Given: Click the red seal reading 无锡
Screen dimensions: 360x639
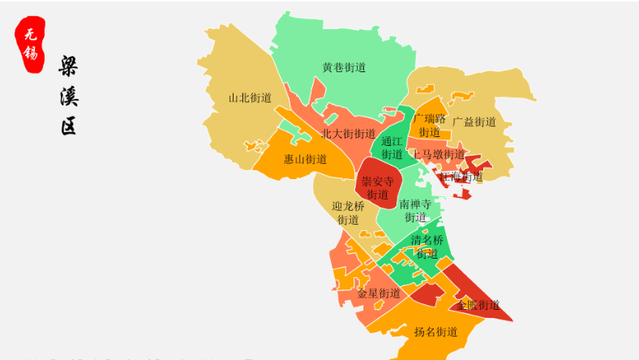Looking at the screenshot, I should pos(30,45).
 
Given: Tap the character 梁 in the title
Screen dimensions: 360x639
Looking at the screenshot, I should pos(69,66).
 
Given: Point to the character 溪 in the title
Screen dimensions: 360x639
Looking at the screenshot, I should pos(69,96).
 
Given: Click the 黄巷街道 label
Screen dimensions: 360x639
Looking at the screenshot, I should pos(344,67).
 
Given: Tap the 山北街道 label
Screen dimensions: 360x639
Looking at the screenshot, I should pos(249,97).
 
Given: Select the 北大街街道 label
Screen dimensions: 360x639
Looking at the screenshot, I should pos(348,134).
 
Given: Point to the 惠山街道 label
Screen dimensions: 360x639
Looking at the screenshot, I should pos(305,159).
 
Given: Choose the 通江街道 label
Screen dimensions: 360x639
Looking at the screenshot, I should pos(392,148).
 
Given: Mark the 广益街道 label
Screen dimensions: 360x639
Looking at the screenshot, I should pos(474,122).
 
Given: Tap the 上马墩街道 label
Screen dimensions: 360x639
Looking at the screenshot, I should pos(438,154).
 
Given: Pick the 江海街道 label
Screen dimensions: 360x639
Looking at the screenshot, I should pos(461,176).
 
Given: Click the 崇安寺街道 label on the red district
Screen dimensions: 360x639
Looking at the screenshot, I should pos(377,187).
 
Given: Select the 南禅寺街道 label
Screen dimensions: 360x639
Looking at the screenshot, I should pos(415,211).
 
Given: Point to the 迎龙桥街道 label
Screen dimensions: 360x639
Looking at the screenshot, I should pos(348,212).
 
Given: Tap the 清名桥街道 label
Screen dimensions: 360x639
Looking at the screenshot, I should pos(427,246).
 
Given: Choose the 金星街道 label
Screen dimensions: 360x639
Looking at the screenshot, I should pos(379,293).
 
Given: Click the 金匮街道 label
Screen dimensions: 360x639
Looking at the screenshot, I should pos(478,305).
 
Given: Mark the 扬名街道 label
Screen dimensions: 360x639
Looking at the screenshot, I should pos(435,332).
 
